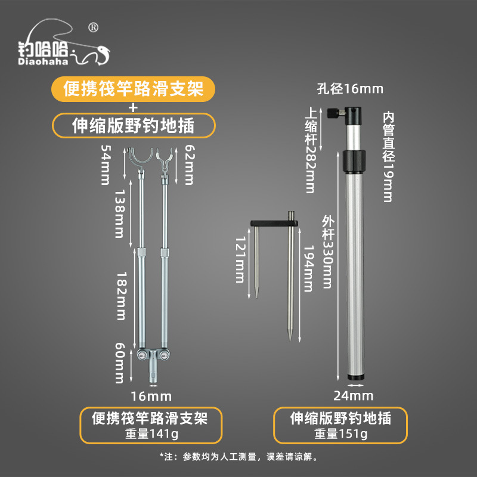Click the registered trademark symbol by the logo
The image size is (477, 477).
(x=94, y=27)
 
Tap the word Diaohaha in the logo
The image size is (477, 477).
(x=43, y=62)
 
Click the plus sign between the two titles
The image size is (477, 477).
(x=133, y=107)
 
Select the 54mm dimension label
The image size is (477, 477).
(x=106, y=165)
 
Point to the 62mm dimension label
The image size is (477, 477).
(x=190, y=165)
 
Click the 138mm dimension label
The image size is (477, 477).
(x=120, y=213)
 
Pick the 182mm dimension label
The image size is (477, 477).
(x=122, y=296)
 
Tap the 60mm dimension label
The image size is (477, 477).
(x=120, y=363)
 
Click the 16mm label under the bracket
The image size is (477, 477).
(x=151, y=397)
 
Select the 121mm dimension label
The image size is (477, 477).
(x=240, y=260)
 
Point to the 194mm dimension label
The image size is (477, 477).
(x=308, y=269)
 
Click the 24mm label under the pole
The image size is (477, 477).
(x=353, y=396)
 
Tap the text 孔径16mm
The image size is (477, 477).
(x=350, y=89)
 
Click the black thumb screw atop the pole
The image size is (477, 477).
(x=334, y=113)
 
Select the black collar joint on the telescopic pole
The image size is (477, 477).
(x=354, y=161)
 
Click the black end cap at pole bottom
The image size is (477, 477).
(x=355, y=377)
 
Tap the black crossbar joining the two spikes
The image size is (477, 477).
(x=274, y=223)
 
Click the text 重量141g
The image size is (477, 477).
(x=151, y=433)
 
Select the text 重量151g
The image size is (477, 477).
(x=340, y=433)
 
